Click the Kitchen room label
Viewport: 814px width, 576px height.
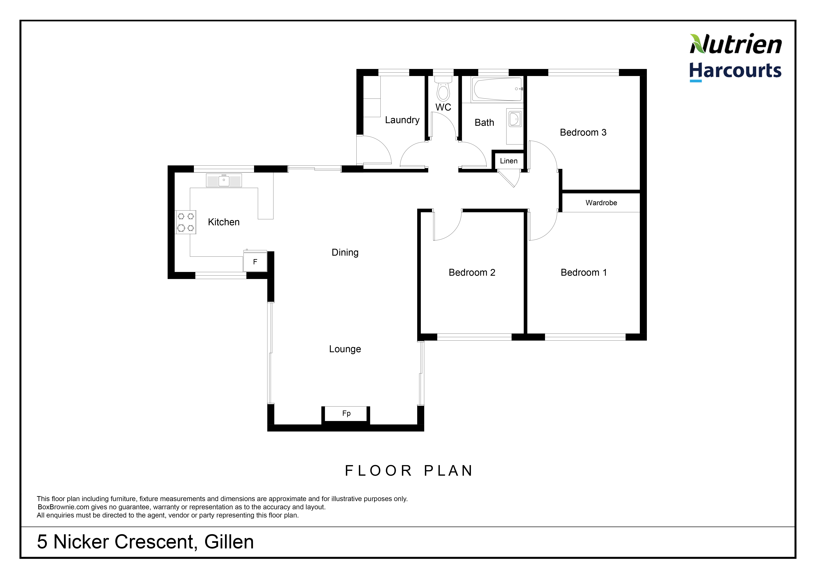[x=224, y=222]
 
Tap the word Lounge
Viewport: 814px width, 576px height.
[x=345, y=349]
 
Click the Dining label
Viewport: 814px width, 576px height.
[x=345, y=253]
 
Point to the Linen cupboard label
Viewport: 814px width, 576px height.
[x=509, y=161]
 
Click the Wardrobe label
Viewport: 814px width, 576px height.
[x=601, y=203]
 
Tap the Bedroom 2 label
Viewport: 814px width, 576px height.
[x=472, y=273]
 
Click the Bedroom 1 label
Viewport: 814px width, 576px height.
[x=584, y=273]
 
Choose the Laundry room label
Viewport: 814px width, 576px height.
[x=402, y=120]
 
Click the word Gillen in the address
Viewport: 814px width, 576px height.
[x=229, y=542]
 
